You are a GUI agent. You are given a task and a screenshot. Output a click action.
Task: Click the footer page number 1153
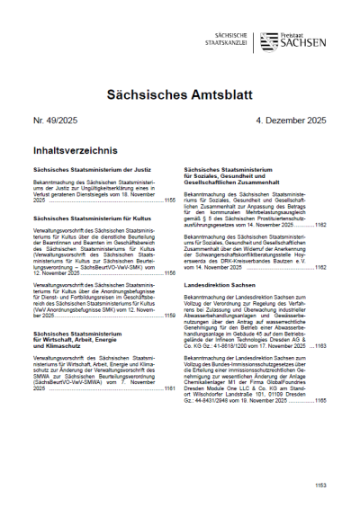320,486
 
